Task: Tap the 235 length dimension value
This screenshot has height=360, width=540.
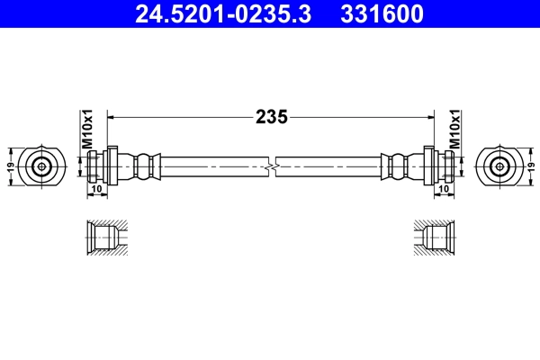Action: (x=270, y=116)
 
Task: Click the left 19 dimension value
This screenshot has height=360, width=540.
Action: (x=10, y=166)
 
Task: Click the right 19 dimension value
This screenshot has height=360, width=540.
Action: (x=531, y=166)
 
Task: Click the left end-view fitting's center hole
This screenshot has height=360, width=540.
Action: (x=41, y=166)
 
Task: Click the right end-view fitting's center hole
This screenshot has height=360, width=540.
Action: (x=499, y=166)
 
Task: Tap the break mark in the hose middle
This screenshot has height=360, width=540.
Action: (x=271, y=166)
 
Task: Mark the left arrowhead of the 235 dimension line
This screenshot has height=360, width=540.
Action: (x=112, y=116)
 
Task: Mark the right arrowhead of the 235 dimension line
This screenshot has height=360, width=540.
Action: (x=428, y=116)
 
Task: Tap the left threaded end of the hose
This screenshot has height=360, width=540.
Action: (x=95, y=166)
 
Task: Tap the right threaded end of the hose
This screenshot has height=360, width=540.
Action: (x=445, y=166)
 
